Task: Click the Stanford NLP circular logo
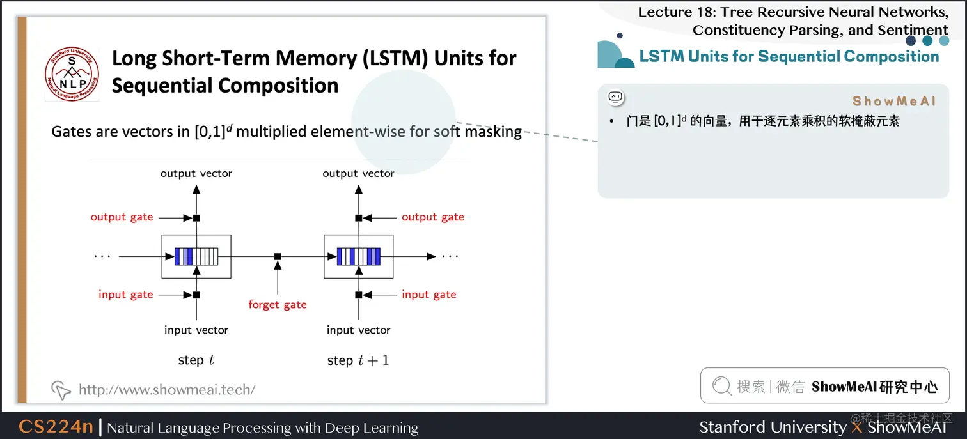pos(72,73)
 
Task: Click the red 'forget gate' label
pos(278,305)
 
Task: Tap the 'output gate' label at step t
pos(122,217)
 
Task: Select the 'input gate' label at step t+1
pos(428,295)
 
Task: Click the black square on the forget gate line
pos(278,256)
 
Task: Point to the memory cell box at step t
pos(196,256)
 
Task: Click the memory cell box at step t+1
pos(358,256)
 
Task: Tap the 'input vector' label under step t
pos(196,330)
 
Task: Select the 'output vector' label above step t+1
pos(358,173)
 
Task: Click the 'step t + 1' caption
pos(358,360)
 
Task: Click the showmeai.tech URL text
pos(166,389)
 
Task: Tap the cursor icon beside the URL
pos(60,389)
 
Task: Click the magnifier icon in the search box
pos(721,386)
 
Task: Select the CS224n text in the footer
pos(56,427)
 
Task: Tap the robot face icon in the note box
pos(615,97)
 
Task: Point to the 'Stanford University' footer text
pos(772,427)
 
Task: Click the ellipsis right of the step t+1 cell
pos(450,256)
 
